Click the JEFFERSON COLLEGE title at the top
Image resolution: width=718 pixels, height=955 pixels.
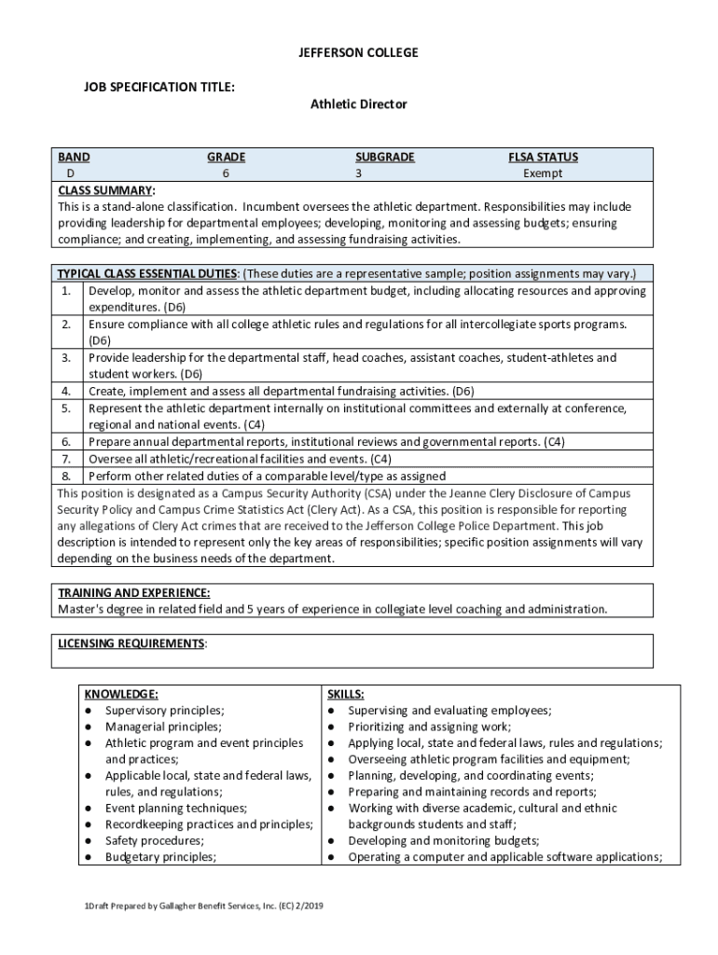pyautogui.click(x=358, y=53)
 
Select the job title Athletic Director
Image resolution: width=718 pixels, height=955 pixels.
pyautogui.click(x=358, y=104)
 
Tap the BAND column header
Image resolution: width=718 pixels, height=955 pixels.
pyautogui.click(x=74, y=158)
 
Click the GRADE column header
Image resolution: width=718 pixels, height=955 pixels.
pyautogui.click(x=226, y=158)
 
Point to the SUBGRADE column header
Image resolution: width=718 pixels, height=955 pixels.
pyautogui.click(x=384, y=158)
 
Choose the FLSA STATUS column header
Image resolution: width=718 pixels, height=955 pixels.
pyautogui.click(x=543, y=158)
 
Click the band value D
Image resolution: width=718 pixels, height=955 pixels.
pyautogui.click(x=69, y=173)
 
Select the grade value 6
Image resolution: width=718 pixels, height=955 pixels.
pyautogui.click(x=226, y=173)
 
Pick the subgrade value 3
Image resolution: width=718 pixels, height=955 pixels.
pyautogui.click(x=358, y=173)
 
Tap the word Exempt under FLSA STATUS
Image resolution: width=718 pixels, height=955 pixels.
pyautogui.click(x=543, y=173)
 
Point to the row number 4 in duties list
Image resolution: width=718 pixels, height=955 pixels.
pyautogui.click(x=66, y=392)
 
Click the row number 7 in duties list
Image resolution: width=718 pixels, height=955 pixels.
pyautogui.click(x=66, y=459)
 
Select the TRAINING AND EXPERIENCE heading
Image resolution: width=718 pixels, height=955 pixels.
pyautogui.click(x=133, y=593)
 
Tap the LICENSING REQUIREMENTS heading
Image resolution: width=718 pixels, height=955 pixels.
pyautogui.click(x=131, y=644)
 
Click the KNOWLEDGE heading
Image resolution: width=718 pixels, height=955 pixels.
pyautogui.click(x=121, y=694)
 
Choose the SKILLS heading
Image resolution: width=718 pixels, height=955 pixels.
pyautogui.click(x=346, y=694)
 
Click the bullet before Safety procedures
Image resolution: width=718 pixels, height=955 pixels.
pyautogui.click(x=88, y=841)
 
